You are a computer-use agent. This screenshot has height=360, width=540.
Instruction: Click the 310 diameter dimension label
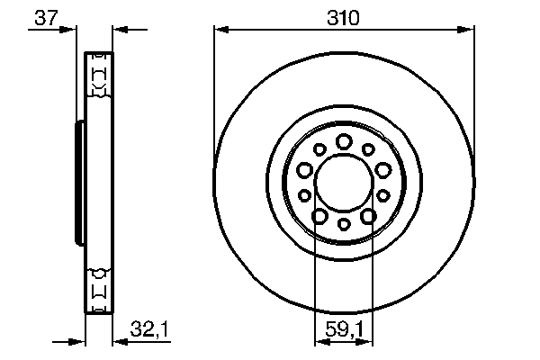pyautogui.click(x=343, y=17)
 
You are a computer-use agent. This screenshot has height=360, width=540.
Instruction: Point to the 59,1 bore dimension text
pyautogui.click(x=343, y=331)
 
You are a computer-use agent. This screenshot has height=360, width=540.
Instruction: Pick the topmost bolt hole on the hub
pyautogui.click(x=344, y=140)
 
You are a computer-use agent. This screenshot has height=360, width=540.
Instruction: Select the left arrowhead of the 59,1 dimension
pyautogui.click(x=318, y=342)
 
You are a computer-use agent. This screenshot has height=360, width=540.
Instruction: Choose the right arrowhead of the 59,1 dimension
pyautogui.click(x=369, y=342)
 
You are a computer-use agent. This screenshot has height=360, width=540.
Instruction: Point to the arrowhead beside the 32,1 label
pyautogui.click(x=117, y=342)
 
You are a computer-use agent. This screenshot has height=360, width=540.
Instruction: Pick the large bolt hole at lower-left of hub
pyautogui.click(x=319, y=215)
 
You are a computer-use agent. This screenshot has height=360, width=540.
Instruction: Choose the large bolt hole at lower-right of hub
pyautogui.click(x=368, y=215)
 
